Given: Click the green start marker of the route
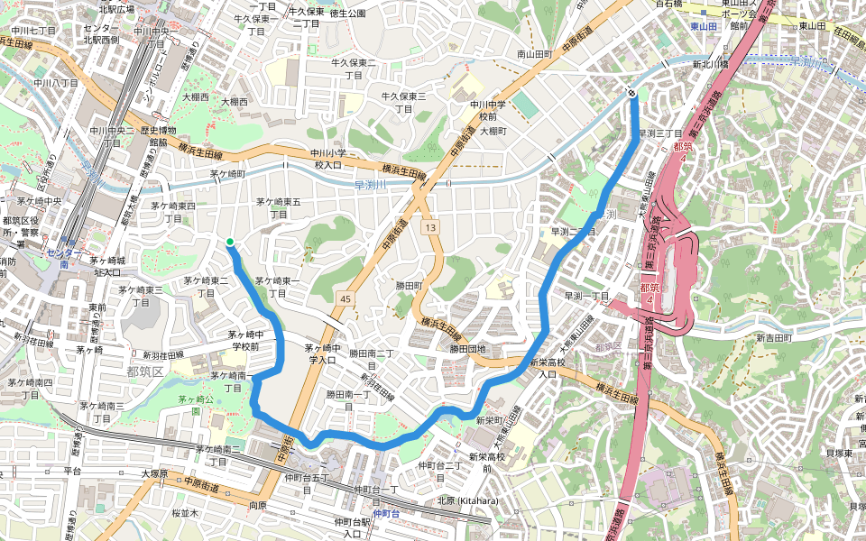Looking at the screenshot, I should coord(230,242).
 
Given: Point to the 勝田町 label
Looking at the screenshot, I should coord(410,285).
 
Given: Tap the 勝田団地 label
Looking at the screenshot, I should coord(468,349).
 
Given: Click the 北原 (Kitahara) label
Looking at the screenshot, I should coord(467,500).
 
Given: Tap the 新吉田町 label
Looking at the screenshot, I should coord(774,337).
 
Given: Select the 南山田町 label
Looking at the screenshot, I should coord(534,54).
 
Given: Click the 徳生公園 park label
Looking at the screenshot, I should coord(348,14).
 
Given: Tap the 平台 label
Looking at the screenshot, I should coord(73,472).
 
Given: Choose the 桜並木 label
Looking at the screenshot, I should coord(184,512).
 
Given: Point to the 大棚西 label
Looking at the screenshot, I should coord(195,96).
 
